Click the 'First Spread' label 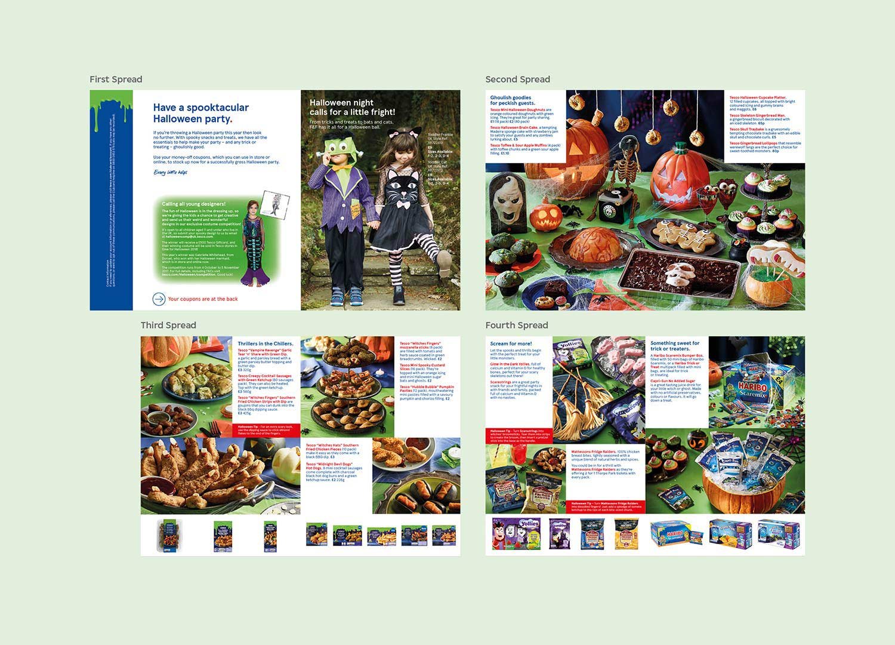coord(116,79)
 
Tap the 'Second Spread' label coord(517,79)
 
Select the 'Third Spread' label coord(168,325)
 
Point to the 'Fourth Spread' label coord(516,325)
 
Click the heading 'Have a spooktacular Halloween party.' coord(200,113)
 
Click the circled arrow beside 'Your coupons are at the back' coord(159,299)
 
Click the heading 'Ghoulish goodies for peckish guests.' coord(513,100)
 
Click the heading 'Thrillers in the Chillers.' coord(266,343)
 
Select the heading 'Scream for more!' coord(511,343)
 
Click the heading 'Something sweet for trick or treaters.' coord(675,346)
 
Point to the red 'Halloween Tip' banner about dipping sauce coord(265,428)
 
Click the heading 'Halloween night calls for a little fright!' coord(352,107)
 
